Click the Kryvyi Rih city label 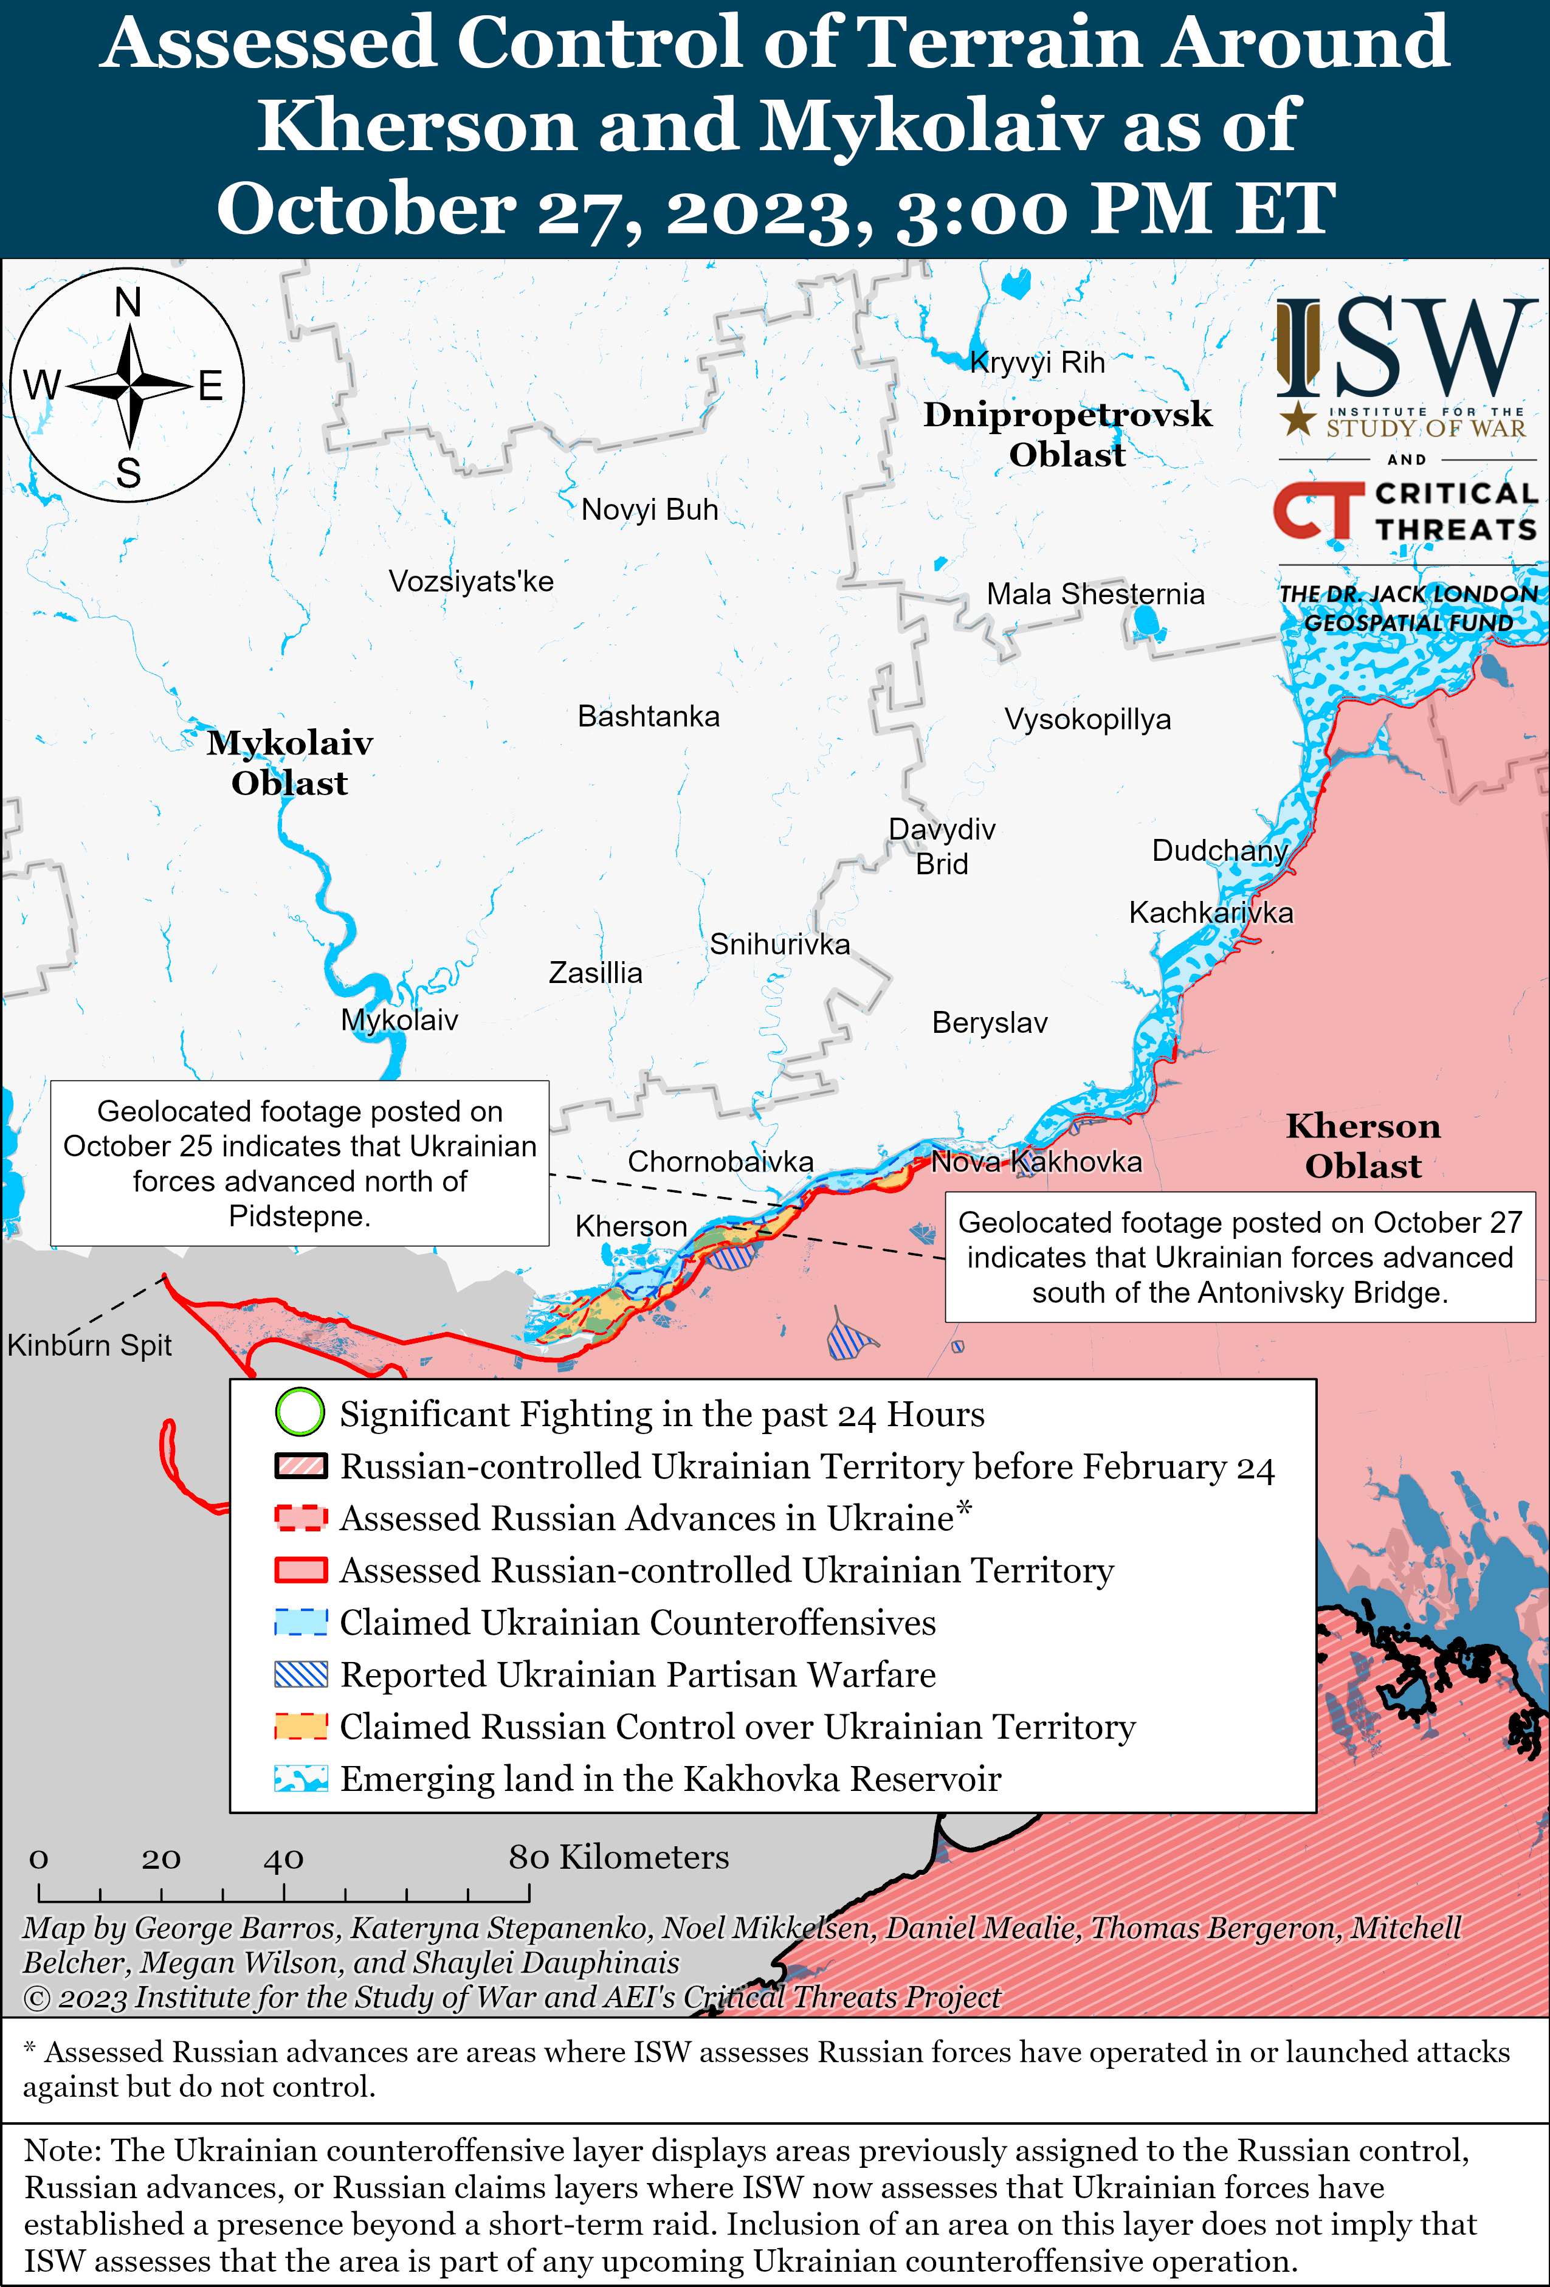(1037, 363)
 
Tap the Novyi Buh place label (650, 510)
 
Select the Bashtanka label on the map (649, 716)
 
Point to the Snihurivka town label (779, 945)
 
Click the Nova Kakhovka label (1036, 1162)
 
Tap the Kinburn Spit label (89, 1345)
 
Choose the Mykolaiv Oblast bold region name (289, 763)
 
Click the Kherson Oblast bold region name (1363, 1145)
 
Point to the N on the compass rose (128, 302)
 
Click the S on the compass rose (128, 474)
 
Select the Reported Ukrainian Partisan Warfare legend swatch (300, 1674)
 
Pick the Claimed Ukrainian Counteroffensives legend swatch (300, 1622)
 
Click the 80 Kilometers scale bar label (618, 1857)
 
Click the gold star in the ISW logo (1297, 418)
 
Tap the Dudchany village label (1219, 850)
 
